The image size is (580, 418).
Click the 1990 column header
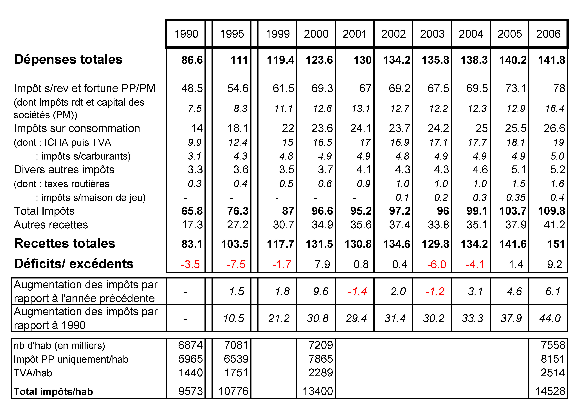click(186, 34)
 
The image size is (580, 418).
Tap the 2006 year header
click(548, 34)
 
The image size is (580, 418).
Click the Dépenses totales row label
click(68, 59)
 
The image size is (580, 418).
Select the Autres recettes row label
click(51, 225)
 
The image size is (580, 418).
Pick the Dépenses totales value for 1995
click(239, 60)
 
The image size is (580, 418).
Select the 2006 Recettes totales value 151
click(556, 244)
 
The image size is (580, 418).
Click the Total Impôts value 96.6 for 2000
click(322, 211)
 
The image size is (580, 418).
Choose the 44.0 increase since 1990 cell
click(550, 318)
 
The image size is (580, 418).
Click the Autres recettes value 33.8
click(439, 225)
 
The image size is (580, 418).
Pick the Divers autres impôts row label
click(64, 169)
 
